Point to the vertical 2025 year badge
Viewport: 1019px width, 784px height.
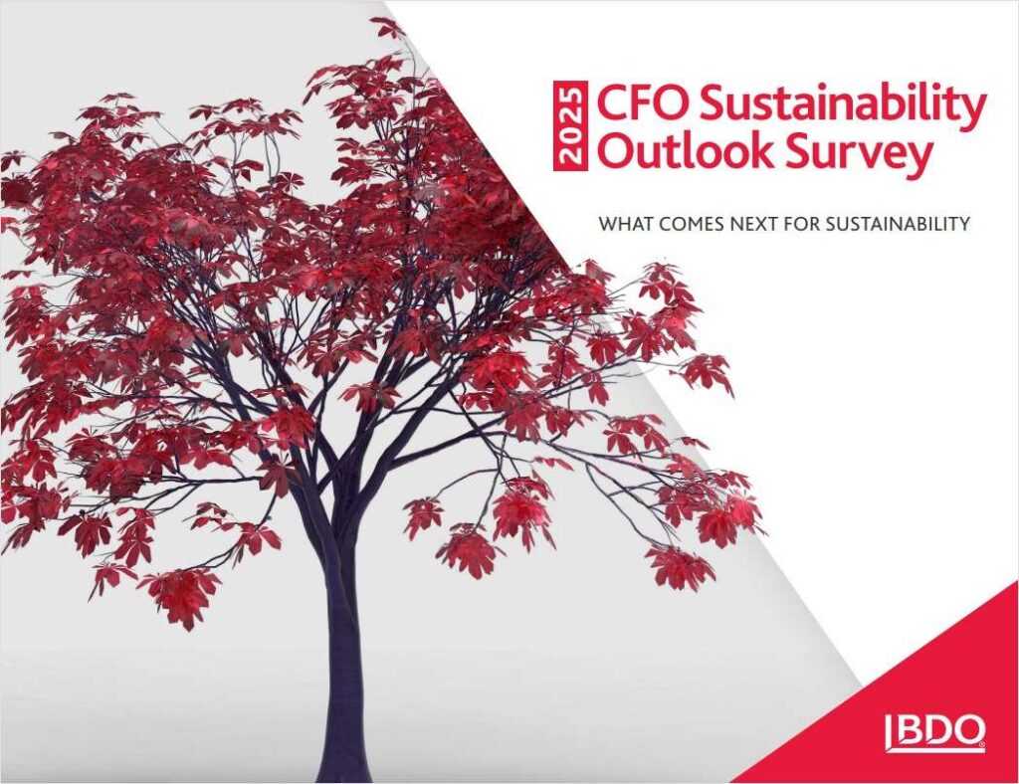(570, 126)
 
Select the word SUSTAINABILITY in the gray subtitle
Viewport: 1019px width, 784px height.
(899, 224)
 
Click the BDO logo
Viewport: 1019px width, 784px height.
(935, 732)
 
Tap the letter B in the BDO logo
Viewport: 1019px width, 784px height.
(905, 730)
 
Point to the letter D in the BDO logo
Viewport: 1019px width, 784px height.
(933, 730)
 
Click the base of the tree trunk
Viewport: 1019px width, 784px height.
(343, 773)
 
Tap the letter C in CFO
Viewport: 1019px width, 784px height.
(611, 103)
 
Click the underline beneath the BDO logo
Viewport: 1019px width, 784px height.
(935, 750)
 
